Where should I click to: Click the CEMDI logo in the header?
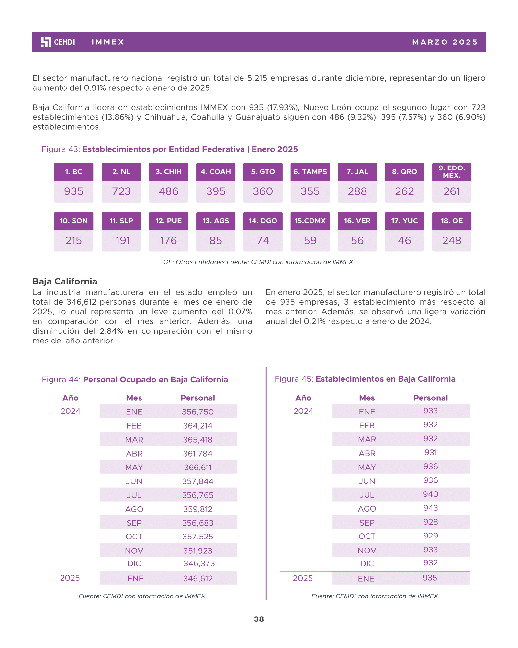pyautogui.click(x=58, y=42)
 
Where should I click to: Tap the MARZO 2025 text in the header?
pyautogui.click(x=445, y=42)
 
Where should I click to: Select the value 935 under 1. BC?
pyautogui.click(x=74, y=191)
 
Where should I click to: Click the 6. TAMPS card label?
pyautogui.click(x=310, y=172)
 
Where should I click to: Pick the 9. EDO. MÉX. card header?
pyautogui.click(x=452, y=172)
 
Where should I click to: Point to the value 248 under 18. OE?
pyautogui.click(x=452, y=241)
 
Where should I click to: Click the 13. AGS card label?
pyautogui.click(x=216, y=221)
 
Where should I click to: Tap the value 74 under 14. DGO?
pyautogui.click(x=263, y=241)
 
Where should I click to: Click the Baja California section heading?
pyautogui.click(x=65, y=281)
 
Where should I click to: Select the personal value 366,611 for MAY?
pyautogui.click(x=198, y=468)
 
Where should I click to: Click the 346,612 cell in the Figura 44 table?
pyautogui.click(x=198, y=579)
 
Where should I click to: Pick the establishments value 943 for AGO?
pyautogui.click(x=431, y=508)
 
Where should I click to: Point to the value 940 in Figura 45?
pyautogui.click(x=431, y=494)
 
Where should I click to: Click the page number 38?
pyautogui.click(x=259, y=619)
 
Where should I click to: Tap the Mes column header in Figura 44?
pyautogui.click(x=134, y=398)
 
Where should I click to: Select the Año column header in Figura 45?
pyautogui.click(x=303, y=398)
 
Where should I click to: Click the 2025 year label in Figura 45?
pyautogui.click(x=303, y=578)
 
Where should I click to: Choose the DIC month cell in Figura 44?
pyautogui.click(x=134, y=564)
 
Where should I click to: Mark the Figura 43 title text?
pyautogui.click(x=170, y=149)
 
